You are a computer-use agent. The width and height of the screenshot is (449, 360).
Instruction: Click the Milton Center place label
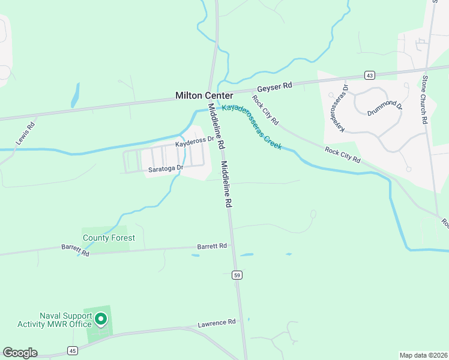204,95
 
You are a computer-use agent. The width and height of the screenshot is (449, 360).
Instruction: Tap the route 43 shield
370,75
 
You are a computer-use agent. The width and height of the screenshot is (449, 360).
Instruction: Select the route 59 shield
237,275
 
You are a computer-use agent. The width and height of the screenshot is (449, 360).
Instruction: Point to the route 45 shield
73,350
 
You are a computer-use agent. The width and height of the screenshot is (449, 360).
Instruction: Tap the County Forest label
109,238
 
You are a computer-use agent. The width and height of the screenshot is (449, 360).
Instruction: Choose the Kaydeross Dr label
194,142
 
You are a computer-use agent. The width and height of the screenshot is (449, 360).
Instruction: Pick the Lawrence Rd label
217,324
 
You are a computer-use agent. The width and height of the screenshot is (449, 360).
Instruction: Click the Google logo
20,353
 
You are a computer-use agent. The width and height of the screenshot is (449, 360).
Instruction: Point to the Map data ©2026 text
423,355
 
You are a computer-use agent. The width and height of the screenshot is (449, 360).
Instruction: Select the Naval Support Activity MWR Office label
65,320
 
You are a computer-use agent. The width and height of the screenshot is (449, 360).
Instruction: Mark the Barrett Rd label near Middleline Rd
212,246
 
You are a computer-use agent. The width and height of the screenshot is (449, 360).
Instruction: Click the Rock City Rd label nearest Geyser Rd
265,110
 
